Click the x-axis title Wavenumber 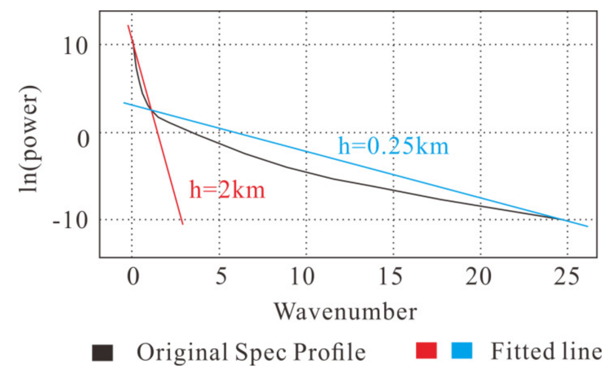point(345,311)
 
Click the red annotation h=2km point(227,190)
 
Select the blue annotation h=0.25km point(394,147)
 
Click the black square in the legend point(102,354)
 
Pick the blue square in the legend point(462,351)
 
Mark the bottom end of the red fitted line point(183,224)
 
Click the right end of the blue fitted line point(588,226)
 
